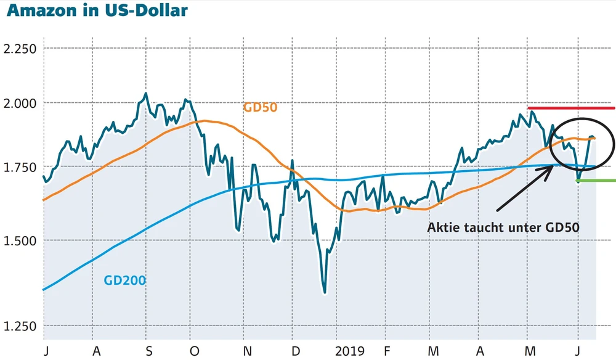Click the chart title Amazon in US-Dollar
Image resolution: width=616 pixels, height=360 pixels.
95,12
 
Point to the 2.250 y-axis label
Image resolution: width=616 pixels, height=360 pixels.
20,49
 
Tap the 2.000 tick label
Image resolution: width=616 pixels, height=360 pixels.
20,103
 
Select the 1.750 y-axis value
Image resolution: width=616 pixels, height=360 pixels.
20,168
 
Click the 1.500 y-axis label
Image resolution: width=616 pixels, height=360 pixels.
20,240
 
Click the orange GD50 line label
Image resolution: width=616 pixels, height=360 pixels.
260,107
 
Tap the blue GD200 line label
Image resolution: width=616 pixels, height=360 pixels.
124,281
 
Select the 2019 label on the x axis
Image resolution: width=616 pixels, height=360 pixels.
349,351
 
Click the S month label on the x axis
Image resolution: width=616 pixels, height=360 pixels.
148,351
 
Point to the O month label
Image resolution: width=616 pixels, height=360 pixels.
195,351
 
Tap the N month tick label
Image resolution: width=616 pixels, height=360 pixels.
248,351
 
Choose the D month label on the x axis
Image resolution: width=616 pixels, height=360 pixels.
296,351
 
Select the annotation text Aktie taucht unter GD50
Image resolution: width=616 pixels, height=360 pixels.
503,227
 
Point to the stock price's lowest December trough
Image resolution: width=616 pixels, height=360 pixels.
325,292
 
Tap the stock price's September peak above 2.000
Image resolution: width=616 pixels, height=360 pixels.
145,94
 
